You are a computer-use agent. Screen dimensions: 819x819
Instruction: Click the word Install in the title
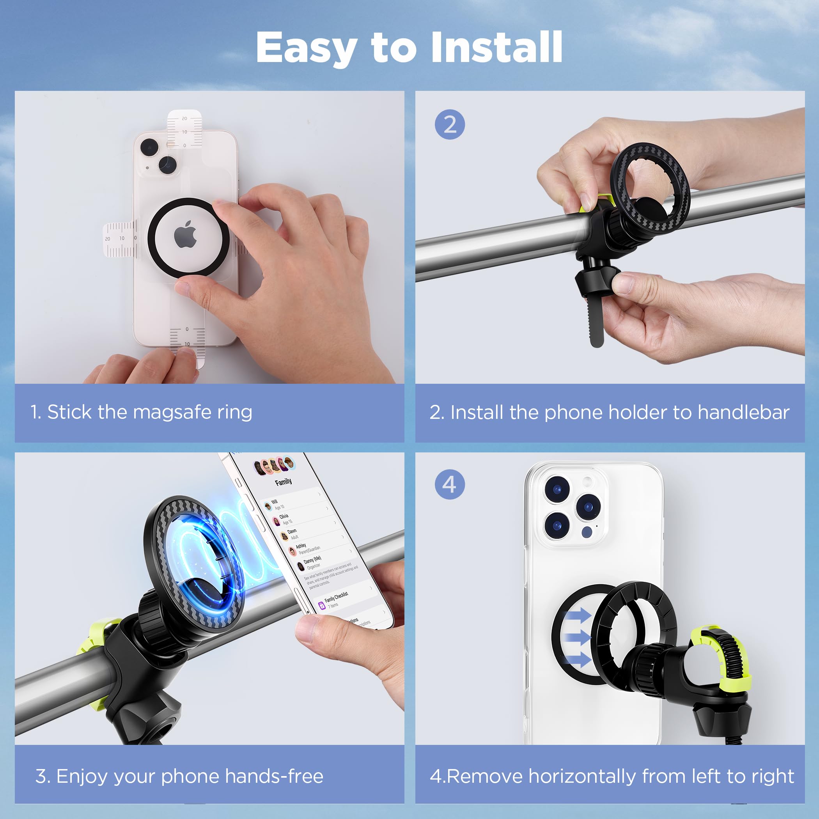point(496,48)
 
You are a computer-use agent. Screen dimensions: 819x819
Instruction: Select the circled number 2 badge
point(450,125)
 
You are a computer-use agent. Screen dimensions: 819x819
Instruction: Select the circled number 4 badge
point(450,484)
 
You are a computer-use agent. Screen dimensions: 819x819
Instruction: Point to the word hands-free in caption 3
point(274,776)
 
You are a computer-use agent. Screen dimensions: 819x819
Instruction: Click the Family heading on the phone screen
point(283,482)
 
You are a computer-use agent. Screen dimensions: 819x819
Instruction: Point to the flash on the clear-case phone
point(587,482)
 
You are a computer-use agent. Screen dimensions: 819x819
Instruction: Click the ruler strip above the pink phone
point(184,129)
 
